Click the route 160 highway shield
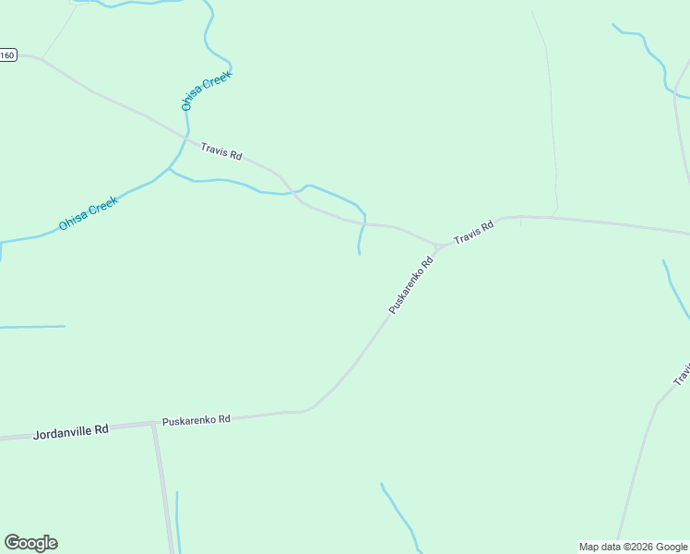point(7,55)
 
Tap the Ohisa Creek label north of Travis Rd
point(206,90)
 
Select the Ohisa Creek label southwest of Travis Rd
point(88,214)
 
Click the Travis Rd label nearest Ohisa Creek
point(221,151)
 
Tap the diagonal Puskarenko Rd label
point(411,286)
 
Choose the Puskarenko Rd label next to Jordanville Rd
point(196,419)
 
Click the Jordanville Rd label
point(71,430)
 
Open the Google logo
point(30,543)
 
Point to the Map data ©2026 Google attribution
point(632,547)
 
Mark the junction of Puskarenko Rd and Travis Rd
point(438,247)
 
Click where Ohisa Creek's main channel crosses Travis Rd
point(187,139)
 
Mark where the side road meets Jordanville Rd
point(153,425)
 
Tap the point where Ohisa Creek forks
point(169,169)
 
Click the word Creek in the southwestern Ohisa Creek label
point(102,207)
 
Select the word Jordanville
point(62,431)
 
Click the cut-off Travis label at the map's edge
point(683,375)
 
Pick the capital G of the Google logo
point(12,543)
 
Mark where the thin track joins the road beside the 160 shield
point(41,60)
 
